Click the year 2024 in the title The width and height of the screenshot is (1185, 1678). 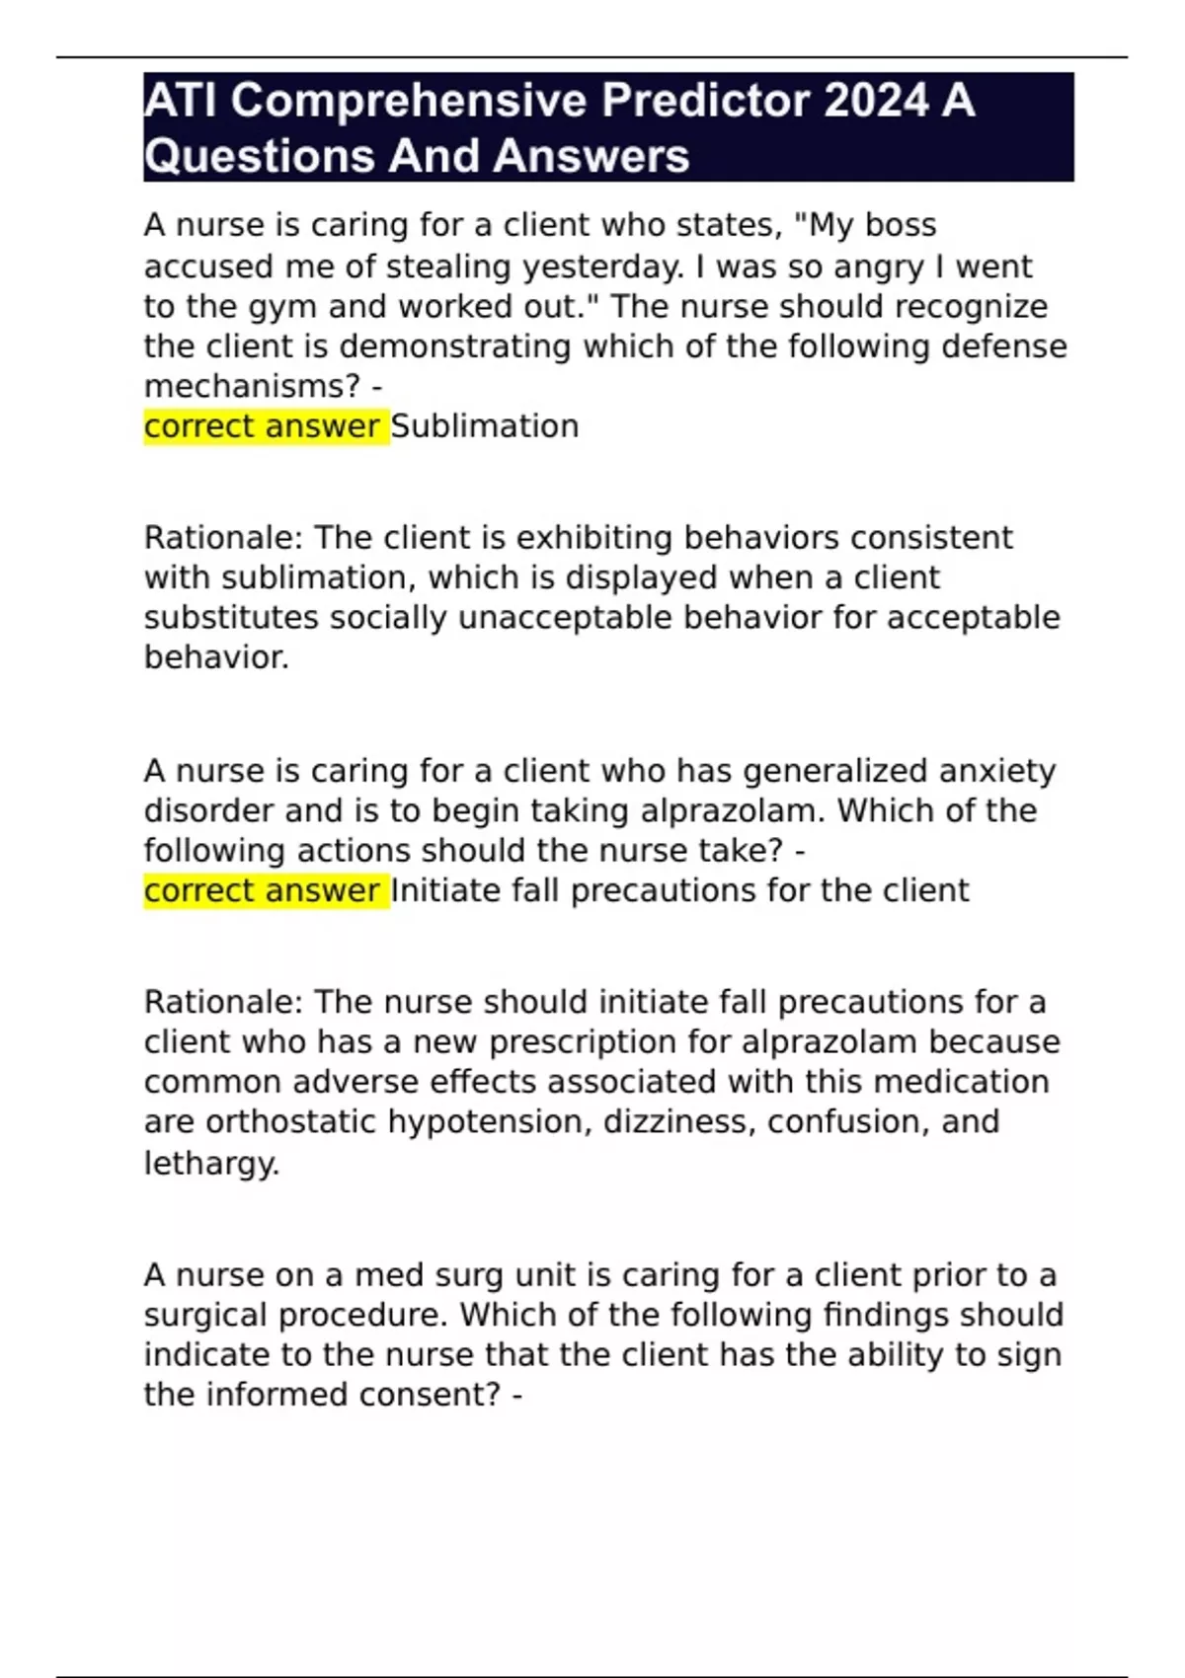(876, 101)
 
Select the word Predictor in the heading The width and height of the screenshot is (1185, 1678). (706, 101)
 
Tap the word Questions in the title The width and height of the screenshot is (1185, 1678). (259, 156)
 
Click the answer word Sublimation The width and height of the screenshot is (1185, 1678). (485, 426)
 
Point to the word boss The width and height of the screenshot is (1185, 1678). (901, 225)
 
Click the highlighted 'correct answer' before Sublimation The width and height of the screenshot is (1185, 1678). (262, 426)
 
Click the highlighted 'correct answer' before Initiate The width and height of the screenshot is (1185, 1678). (262, 890)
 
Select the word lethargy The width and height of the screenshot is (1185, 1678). (209, 1163)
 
